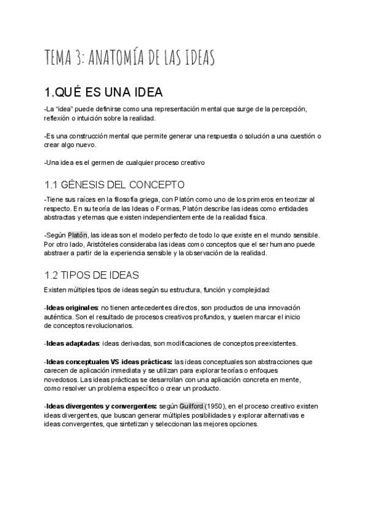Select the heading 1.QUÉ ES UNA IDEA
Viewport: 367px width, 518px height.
(103, 93)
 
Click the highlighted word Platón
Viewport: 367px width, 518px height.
(78, 235)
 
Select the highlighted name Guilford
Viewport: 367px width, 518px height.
(191, 406)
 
